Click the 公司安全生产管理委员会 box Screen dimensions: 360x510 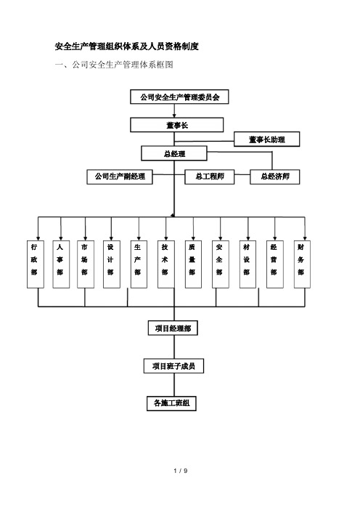179,97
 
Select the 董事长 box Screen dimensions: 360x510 177,125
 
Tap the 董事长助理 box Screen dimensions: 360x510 267,139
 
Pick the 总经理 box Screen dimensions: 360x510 174,153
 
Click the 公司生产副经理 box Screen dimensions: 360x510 120,177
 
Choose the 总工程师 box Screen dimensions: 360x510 210,177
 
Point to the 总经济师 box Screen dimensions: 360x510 275,177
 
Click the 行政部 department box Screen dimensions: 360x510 36,264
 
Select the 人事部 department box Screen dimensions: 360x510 61,264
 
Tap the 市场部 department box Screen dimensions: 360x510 86,264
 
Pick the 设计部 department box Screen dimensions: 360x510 112,264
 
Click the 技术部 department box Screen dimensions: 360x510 166,264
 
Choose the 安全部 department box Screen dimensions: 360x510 221,264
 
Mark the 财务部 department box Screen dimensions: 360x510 302,264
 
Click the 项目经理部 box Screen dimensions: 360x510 173,328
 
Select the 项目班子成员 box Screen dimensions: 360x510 173,366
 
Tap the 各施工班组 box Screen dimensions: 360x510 171,403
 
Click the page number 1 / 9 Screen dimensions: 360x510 181,471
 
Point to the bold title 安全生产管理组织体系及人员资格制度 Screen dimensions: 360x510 127,46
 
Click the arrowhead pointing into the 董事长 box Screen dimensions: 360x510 174,116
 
